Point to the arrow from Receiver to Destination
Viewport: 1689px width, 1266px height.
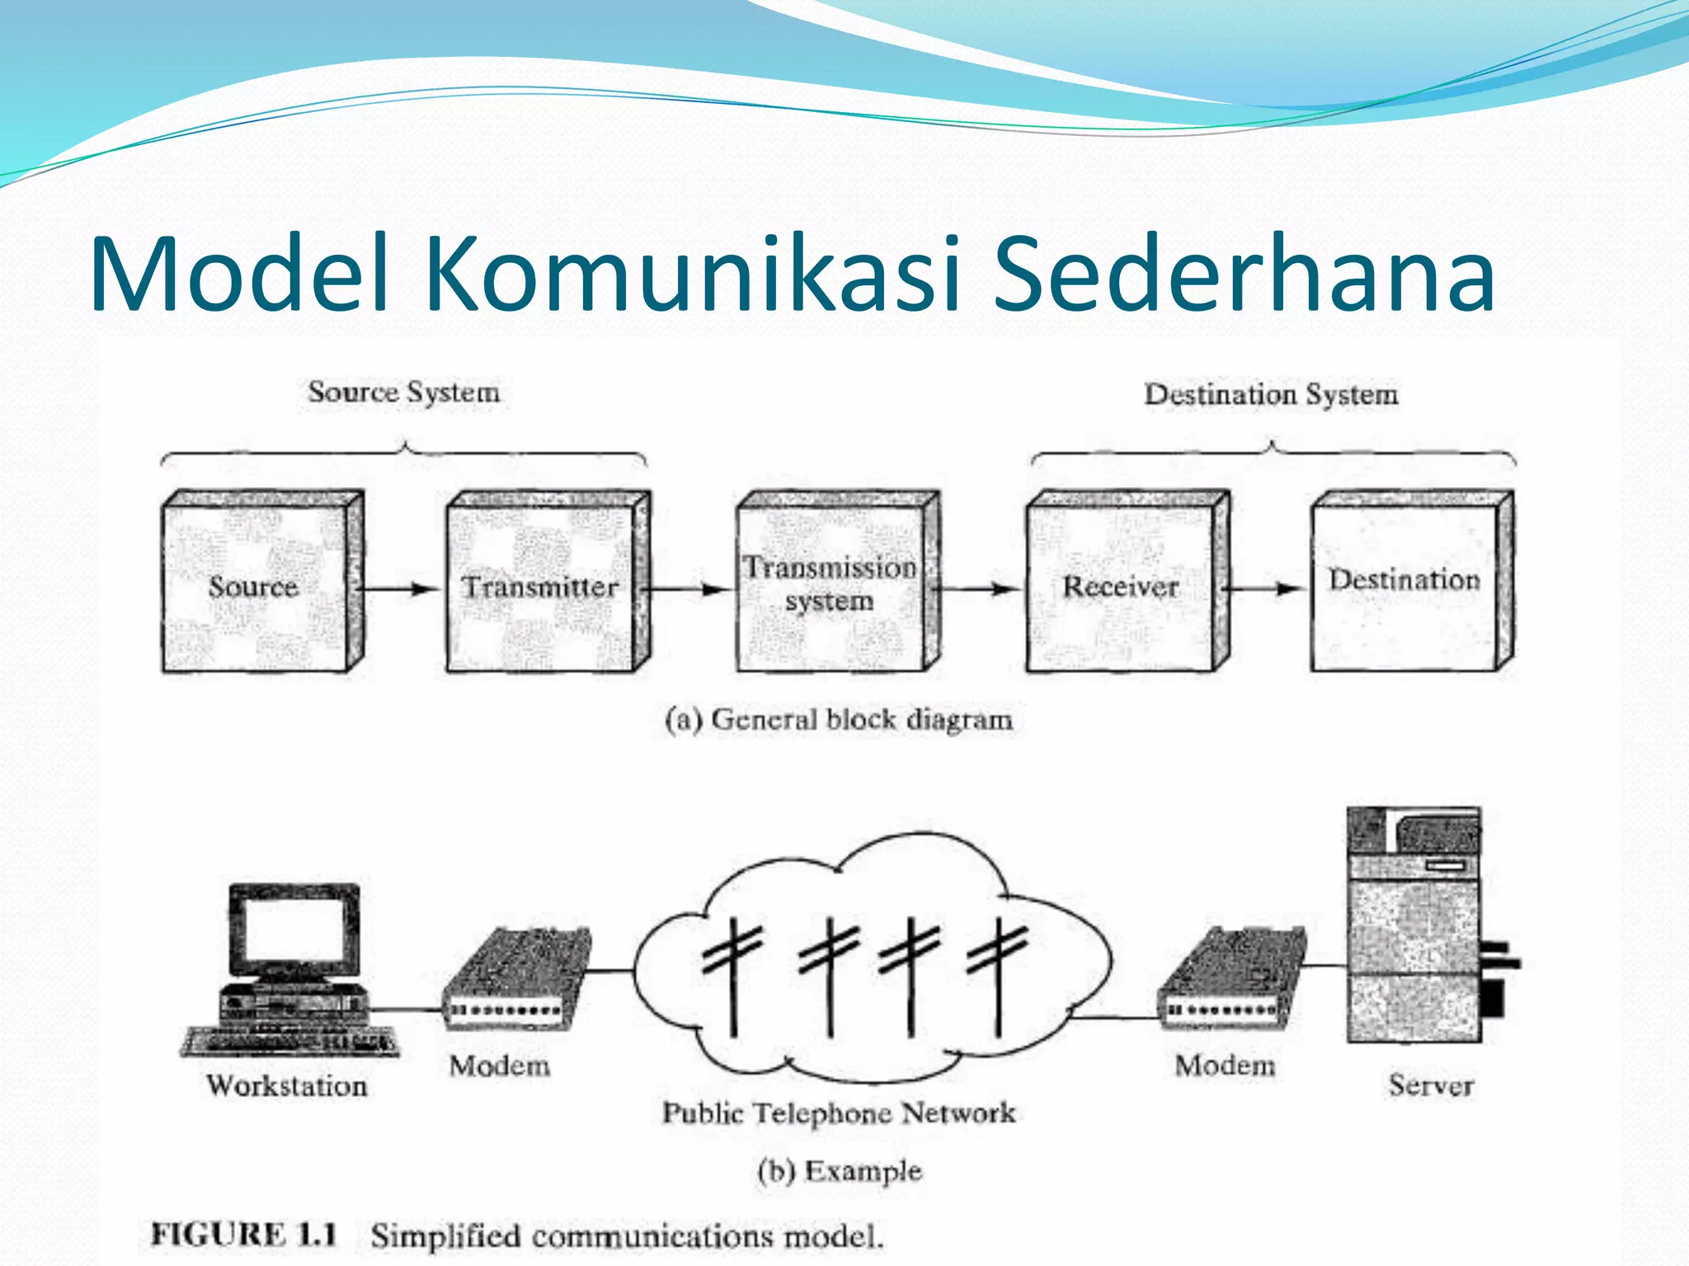coord(1263,588)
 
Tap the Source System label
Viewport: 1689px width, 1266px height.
coord(404,392)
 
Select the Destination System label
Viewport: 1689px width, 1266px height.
coord(1271,395)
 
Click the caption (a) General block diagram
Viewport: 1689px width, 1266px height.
coord(839,720)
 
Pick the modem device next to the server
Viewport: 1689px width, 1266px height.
coord(1230,981)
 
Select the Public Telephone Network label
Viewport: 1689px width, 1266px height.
coord(839,1114)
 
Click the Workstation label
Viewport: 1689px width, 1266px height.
coord(287,1086)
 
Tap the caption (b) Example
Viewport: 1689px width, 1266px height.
coord(840,1171)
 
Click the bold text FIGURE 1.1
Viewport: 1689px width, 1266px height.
coord(244,1235)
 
